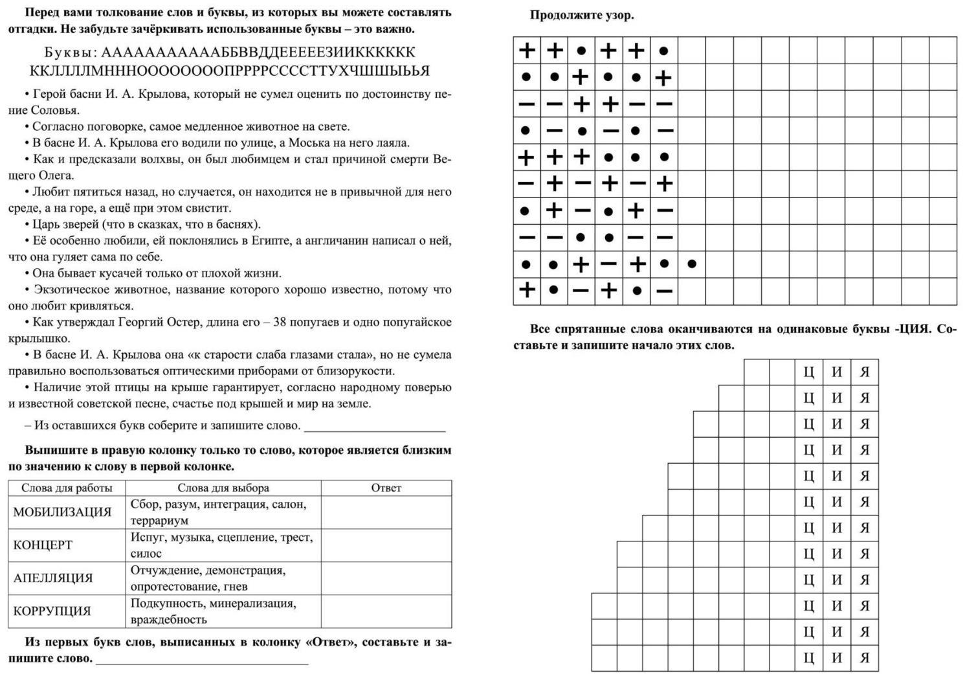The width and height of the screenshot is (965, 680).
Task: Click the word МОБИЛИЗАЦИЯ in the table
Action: pos(62,512)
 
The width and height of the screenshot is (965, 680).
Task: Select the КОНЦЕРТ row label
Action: pos(43,545)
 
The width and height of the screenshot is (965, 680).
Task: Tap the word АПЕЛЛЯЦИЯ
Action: pos(53,578)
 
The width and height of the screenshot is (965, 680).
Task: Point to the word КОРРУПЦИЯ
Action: pos(52,611)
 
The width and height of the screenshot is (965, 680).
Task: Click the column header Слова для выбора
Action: pos(223,488)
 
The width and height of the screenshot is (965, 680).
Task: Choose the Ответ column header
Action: pos(386,488)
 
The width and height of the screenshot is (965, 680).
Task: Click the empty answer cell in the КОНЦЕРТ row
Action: pos(386,545)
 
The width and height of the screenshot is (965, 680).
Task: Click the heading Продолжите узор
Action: pos(582,16)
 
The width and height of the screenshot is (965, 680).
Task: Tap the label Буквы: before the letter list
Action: pos(71,52)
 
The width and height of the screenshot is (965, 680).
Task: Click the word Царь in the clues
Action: pos(45,225)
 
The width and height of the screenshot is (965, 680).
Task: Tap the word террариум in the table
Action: pos(159,521)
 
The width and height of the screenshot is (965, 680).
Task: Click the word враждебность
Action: pos(169,620)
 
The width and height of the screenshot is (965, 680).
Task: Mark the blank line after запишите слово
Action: pos(202,661)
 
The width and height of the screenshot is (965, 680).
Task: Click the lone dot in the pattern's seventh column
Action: pos(692,264)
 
